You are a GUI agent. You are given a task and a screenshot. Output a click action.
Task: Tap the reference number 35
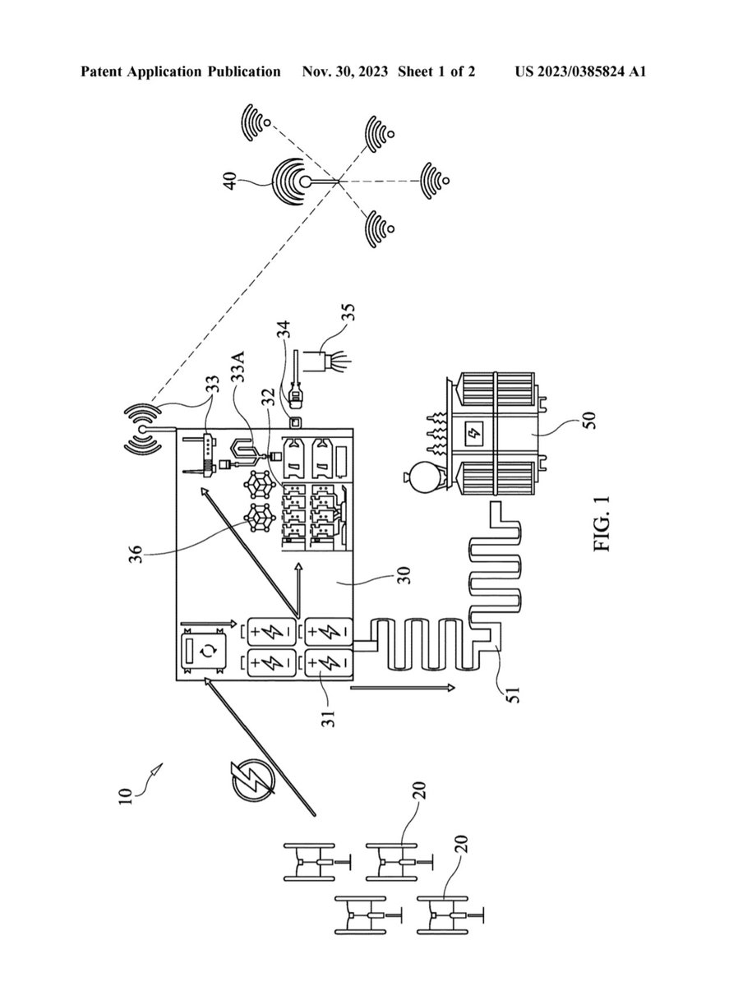[348, 312]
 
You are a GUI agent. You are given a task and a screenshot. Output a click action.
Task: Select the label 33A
[238, 366]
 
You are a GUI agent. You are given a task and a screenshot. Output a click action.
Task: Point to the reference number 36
[136, 554]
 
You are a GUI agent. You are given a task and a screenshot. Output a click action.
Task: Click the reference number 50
[590, 421]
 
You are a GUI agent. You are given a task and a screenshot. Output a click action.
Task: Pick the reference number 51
[514, 694]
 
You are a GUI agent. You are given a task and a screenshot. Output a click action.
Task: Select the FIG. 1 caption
[602, 524]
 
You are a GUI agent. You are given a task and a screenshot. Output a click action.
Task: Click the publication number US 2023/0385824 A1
[580, 71]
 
